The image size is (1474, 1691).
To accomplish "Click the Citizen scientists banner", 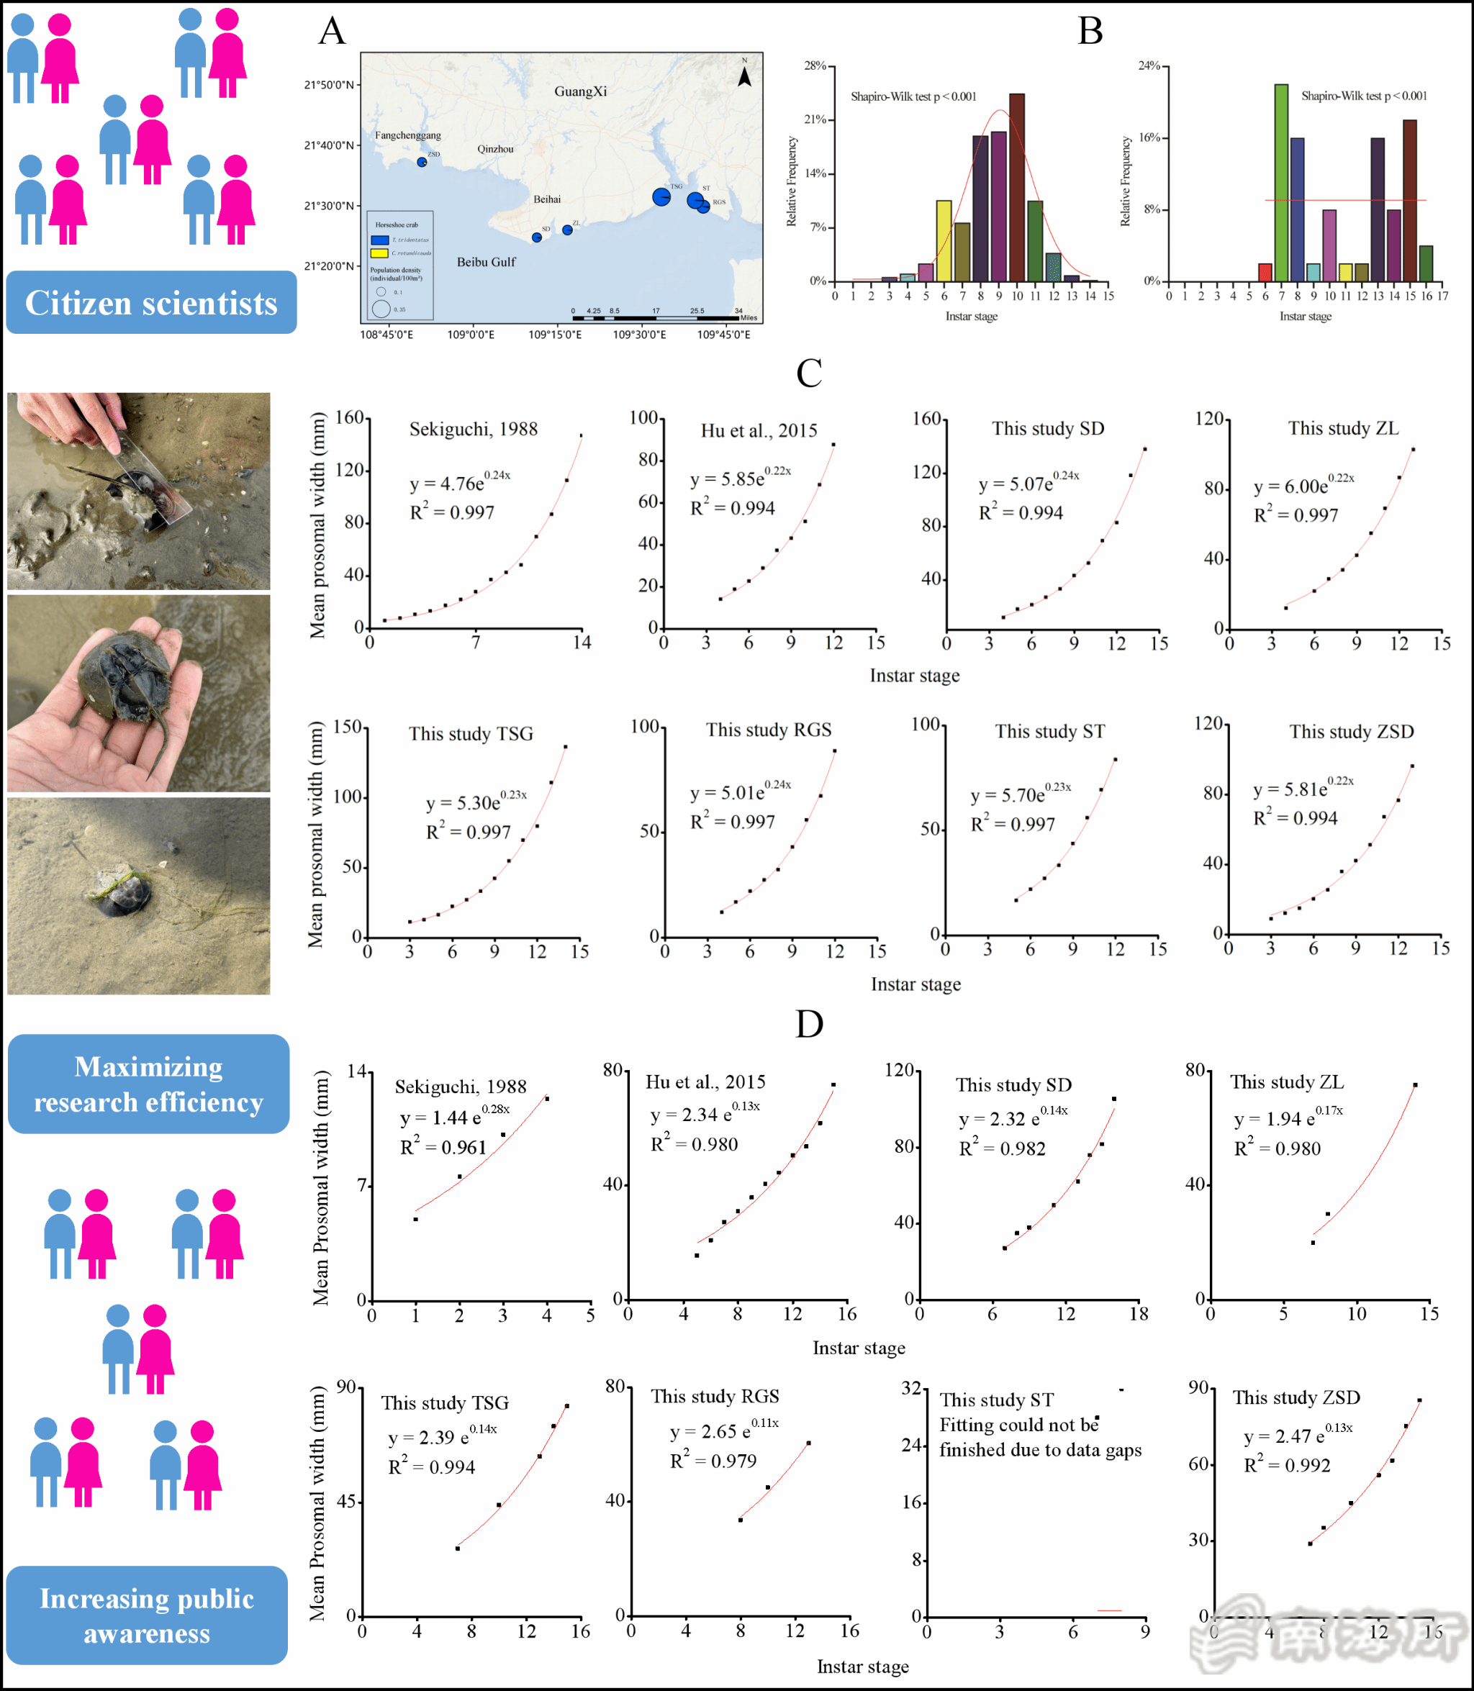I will click(151, 303).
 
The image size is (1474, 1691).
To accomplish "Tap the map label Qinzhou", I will click(495, 149).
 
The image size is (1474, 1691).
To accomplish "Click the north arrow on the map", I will click(744, 76).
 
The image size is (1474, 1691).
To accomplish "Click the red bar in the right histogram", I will click(1265, 272).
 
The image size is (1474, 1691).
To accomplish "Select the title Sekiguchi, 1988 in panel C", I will click(473, 429).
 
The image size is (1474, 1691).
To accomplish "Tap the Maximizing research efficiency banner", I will click(148, 1083).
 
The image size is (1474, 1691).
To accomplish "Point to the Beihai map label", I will click(547, 199).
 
